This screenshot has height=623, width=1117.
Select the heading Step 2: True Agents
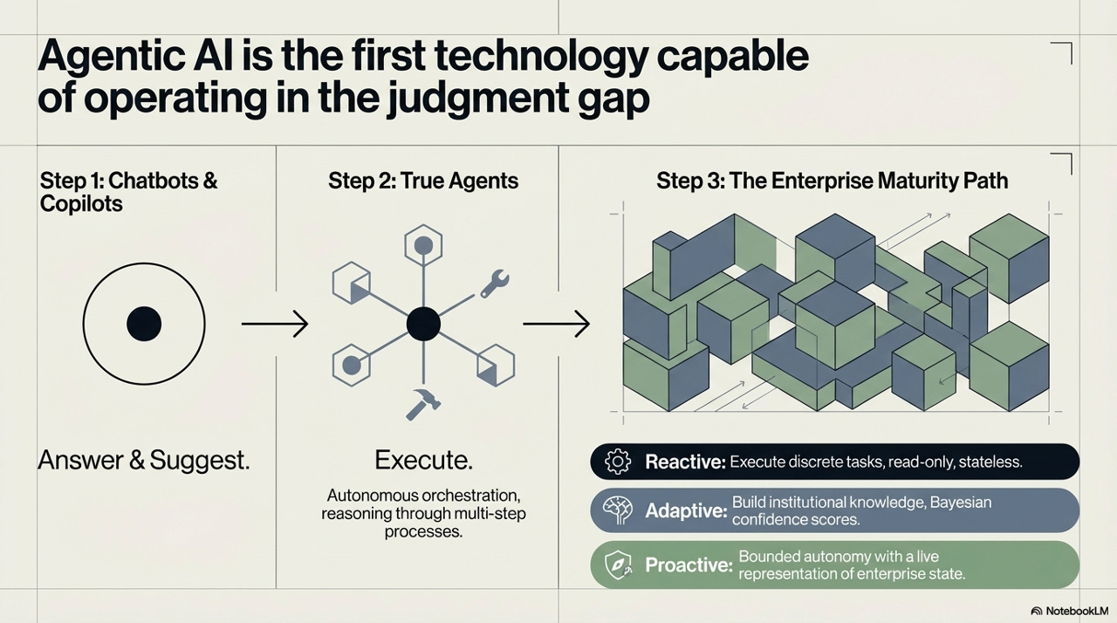pyautogui.click(x=423, y=181)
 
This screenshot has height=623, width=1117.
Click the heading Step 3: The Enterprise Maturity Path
pyautogui.click(x=832, y=181)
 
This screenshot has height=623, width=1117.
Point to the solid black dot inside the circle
pyautogui.click(x=144, y=325)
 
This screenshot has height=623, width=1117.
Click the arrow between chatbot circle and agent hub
pyautogui.click(x=274, y=325)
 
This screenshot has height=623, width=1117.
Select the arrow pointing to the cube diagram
pyautogui.click(x=556, y=325)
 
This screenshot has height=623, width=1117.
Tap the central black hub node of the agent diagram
pyautogui.click(x=423, y=325)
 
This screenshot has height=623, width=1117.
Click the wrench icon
pyautogui.click(x=494, y=284)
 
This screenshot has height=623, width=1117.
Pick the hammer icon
pyautogui.click(x=424, y=403)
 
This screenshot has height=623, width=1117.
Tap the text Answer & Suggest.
pyautogui.click(x=144, y=460)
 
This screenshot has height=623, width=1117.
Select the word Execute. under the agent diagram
pyautogui.click(x=423, y=460)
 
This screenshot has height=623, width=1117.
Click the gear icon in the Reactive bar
pyautogui.click(x=617, y=462)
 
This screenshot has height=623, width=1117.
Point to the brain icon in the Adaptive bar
pyautogui.click(x=617, y=510)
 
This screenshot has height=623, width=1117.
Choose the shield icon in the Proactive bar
pyautogui.click(x=617, y=565)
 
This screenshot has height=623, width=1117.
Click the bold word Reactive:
pyautogui.click(x=685, y=462)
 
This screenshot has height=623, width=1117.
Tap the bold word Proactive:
pyautogui.click(x=689, y=565)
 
